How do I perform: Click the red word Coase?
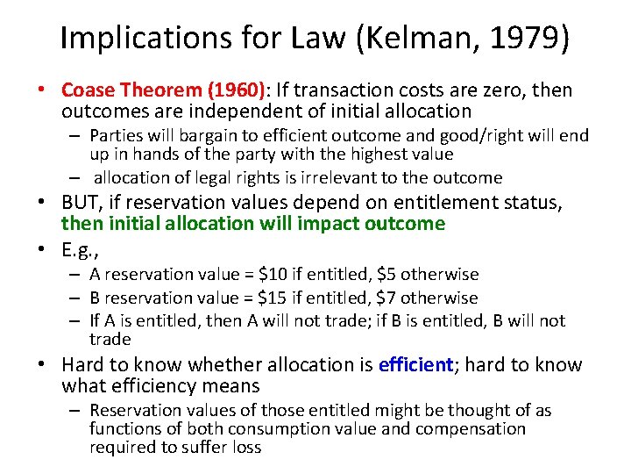coord(90,90)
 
